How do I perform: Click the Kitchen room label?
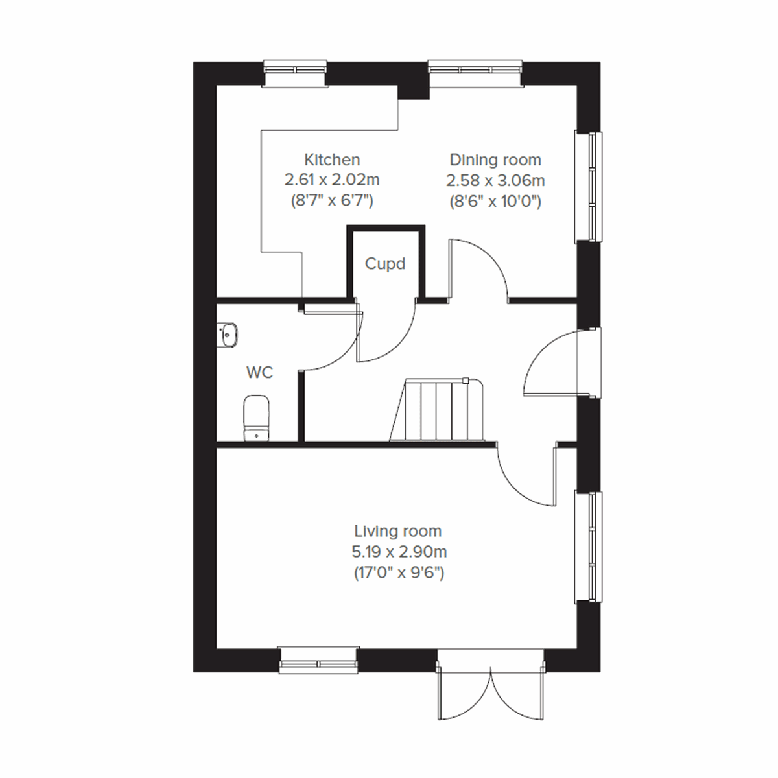pos(332,159)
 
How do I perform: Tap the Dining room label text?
pos(495,159)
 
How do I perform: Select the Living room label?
pos(397,531)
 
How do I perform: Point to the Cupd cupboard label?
pos(385,264)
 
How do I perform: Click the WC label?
pos(259,373)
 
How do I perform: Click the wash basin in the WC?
pos(228,335)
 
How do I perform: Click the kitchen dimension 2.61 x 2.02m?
pos(332,180)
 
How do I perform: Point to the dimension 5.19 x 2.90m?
pos(399,552)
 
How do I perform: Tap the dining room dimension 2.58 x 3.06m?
pos(495,180)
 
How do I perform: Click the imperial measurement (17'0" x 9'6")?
pos(399,573)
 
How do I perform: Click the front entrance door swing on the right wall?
pos(551,363)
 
